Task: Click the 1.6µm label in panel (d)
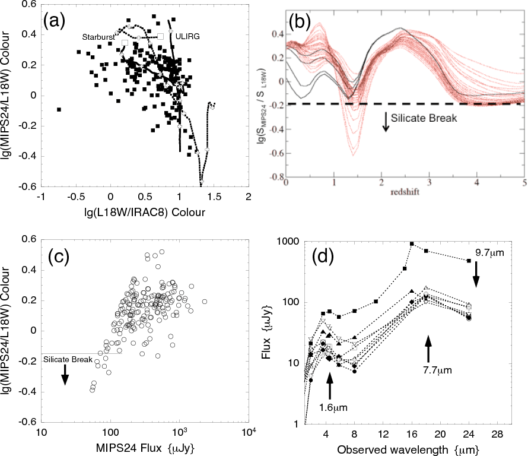point(329,408)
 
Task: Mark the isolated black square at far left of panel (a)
point(59,110)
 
